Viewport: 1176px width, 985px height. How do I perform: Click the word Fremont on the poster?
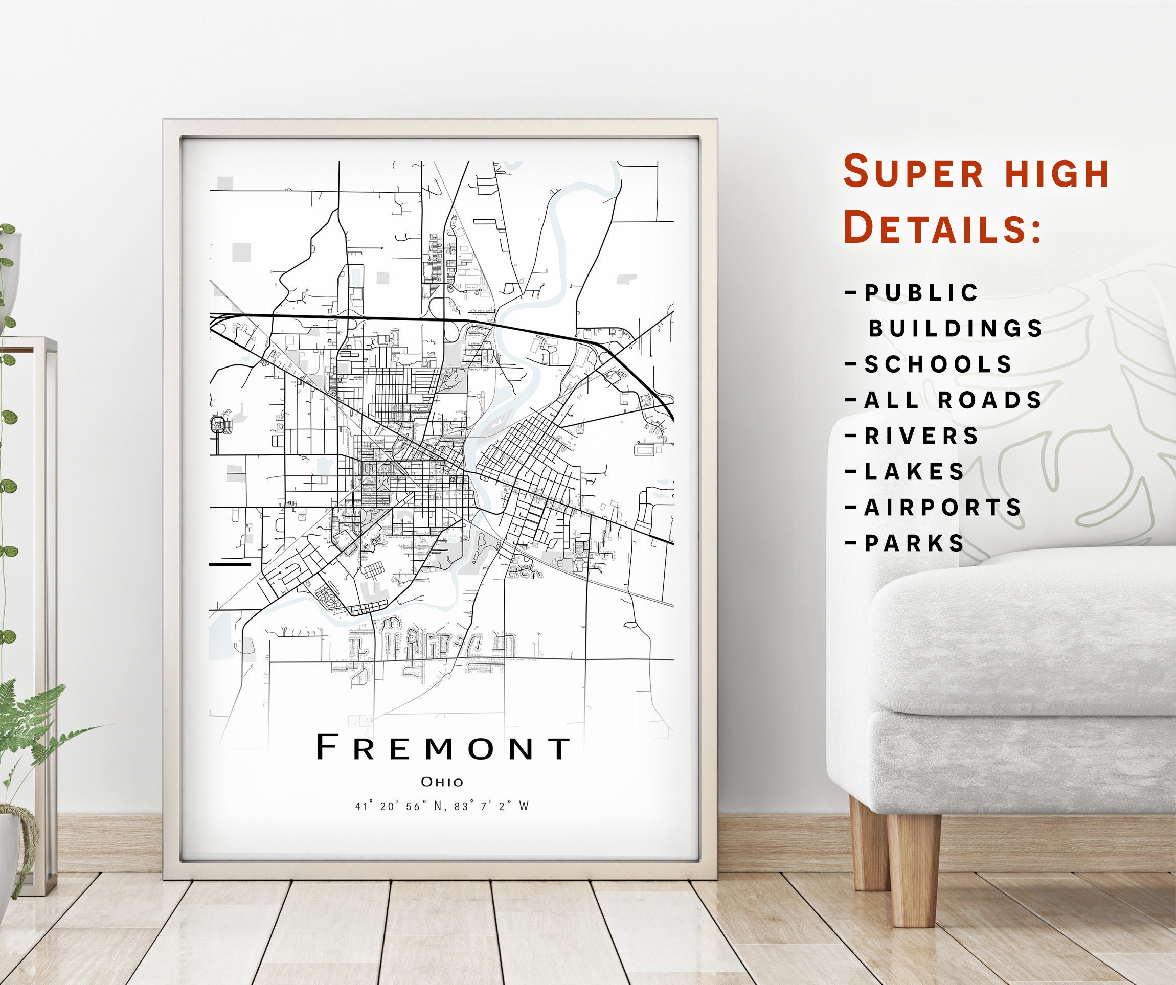(443, 748)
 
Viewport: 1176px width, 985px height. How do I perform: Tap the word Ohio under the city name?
(442, 782)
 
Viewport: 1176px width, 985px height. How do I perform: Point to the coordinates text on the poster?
(442, 807)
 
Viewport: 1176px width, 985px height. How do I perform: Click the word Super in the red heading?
(913, 172)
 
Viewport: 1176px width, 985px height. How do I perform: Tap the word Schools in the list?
(939, 364)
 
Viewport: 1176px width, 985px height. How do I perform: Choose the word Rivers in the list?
(922, 436)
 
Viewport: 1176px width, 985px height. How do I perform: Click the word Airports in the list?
(943, 508)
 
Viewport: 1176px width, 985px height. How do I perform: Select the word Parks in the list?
(915, 544)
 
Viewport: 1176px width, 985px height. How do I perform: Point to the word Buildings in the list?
(955, 329)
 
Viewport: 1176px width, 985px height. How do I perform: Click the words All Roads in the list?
(953, 400)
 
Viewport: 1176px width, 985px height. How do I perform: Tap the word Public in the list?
(922, 293)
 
